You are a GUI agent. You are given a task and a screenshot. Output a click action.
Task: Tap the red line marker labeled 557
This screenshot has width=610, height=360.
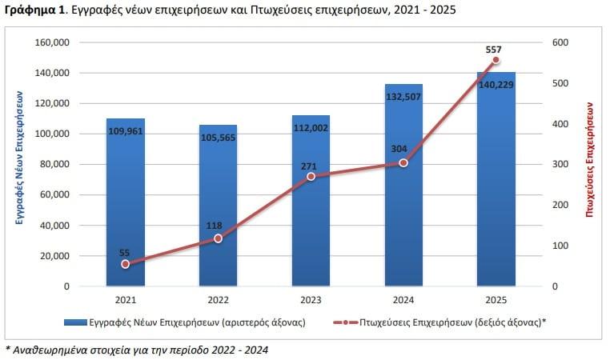click(496, 60)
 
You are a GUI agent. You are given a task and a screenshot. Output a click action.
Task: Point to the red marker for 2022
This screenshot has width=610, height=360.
click(218, 238)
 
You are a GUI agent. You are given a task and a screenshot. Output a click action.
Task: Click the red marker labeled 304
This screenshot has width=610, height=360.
click(403, 162)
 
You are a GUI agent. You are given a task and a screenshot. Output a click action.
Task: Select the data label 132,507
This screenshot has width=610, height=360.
click(403, 96)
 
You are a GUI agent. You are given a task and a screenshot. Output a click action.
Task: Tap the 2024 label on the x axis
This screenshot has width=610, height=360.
click(403, 300)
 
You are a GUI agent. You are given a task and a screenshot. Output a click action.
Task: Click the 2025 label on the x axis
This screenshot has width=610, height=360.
click(496, 300)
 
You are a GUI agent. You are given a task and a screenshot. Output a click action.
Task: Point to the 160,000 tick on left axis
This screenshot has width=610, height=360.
click(53, 42)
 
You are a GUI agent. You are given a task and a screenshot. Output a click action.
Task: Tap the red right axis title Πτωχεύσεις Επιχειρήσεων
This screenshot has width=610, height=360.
click(590, 160)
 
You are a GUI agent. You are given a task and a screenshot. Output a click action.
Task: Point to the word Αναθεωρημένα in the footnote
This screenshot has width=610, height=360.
click(49, 350)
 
